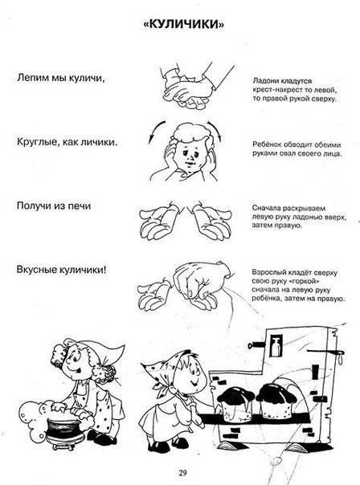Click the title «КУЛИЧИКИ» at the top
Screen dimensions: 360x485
[183, 24]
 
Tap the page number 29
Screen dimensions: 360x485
[182, 473]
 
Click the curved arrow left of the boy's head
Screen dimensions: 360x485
[156, 131]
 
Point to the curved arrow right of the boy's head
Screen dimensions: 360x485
[215, 130]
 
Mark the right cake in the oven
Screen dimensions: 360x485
[276, 400]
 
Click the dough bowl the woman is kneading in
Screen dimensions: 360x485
[66, 430]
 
